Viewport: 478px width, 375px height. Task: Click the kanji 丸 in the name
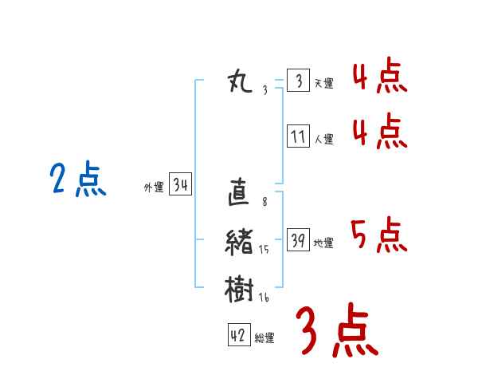click(x=241, y=81)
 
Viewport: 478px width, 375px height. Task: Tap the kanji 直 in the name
click(x=239, y=191)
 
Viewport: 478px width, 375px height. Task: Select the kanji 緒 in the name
click(x=239, y=242)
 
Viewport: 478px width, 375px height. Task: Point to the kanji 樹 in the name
click(x=239, y=289)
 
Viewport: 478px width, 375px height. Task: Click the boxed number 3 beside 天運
click(x=299, y=80)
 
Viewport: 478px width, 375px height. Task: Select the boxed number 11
click(x=299, y=136)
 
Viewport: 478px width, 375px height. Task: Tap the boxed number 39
click(x=299, y=239)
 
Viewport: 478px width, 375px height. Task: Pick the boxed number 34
click(x=181, y=184)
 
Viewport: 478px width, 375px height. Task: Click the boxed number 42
click(x=239, y=335)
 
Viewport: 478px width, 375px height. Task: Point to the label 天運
click(x=324, y=83)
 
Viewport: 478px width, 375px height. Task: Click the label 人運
click(x=324, y=140)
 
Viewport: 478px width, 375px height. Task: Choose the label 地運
click(x=323, y=243)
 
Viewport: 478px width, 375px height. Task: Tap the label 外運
click(x=154, y=187)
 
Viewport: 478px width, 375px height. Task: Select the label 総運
click(x=264, y=338)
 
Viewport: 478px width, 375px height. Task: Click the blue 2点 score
click(x=78, y=179)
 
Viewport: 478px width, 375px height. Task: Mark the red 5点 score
click(x=379, y=235)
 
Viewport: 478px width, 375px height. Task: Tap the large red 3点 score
click(x=337, y=330)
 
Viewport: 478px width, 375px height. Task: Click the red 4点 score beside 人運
click(x=380, y=131)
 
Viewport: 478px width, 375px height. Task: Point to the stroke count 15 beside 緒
click(x=264, y=250)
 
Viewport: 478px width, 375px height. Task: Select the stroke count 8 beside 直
click(x=264, y=202)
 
